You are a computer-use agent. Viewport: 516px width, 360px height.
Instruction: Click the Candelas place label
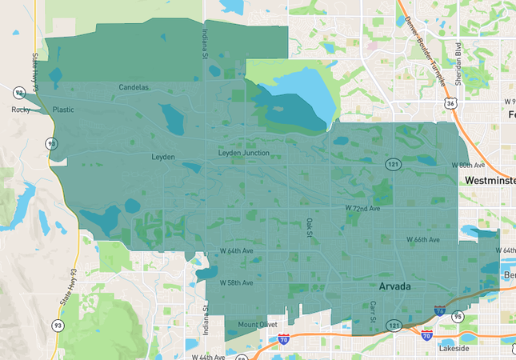click(x=134, y=86)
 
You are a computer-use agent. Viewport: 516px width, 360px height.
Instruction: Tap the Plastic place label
click(x=63, y=110)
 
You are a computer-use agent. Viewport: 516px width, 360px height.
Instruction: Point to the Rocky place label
click(x=20, y=110)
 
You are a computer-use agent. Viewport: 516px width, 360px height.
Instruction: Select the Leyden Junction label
click(x=243, y=153)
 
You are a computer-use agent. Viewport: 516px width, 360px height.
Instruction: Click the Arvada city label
click(x=396, y=286)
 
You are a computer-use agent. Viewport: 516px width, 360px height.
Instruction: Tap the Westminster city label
click(x=490, y=182)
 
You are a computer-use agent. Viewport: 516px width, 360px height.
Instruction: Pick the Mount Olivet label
click(x=258, y=325)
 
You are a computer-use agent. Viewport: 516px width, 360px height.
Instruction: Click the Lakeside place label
click(x=454, y=349)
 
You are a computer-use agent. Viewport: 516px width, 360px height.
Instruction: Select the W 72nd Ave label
click(x=362, y=208)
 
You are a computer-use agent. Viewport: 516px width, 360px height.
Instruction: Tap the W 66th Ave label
click(x=422, y=240)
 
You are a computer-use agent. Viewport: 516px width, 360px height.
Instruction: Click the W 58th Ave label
click(x=237, y=282)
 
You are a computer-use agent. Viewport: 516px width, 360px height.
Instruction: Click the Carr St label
click(x=373, y=312)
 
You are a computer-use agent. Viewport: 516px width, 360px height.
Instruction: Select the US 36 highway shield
click(x=452, y=103)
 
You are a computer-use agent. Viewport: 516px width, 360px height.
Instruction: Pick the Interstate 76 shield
click(x=439, y=310)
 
